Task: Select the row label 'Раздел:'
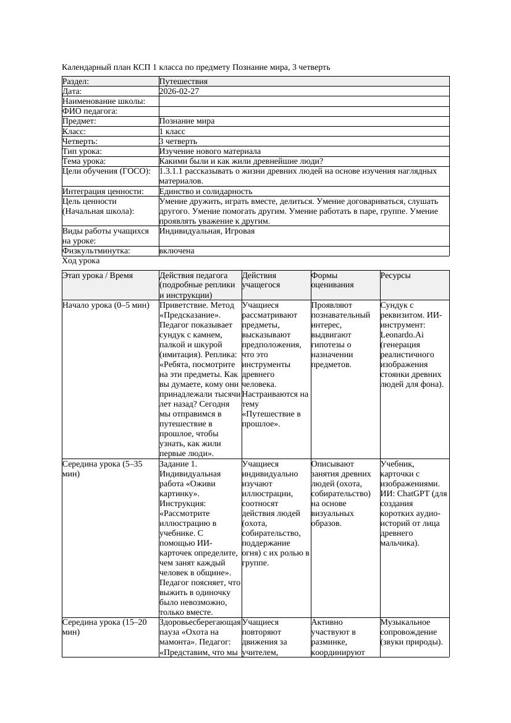coord(76,82)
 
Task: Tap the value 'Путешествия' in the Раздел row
coord(184,82)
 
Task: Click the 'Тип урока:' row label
coord(82,151)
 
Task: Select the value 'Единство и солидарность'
coord(206,192)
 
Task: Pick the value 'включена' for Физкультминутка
coord(177,251)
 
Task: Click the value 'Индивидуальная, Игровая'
coord(207,231)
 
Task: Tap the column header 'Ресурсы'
coord(396,276)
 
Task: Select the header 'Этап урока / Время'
coord(98,276)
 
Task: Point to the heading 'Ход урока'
coord(81,261)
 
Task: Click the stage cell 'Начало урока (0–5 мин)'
coord(106,305)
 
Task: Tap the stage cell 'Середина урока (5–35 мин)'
coord(103,468)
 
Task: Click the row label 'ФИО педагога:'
coord(90,111)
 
